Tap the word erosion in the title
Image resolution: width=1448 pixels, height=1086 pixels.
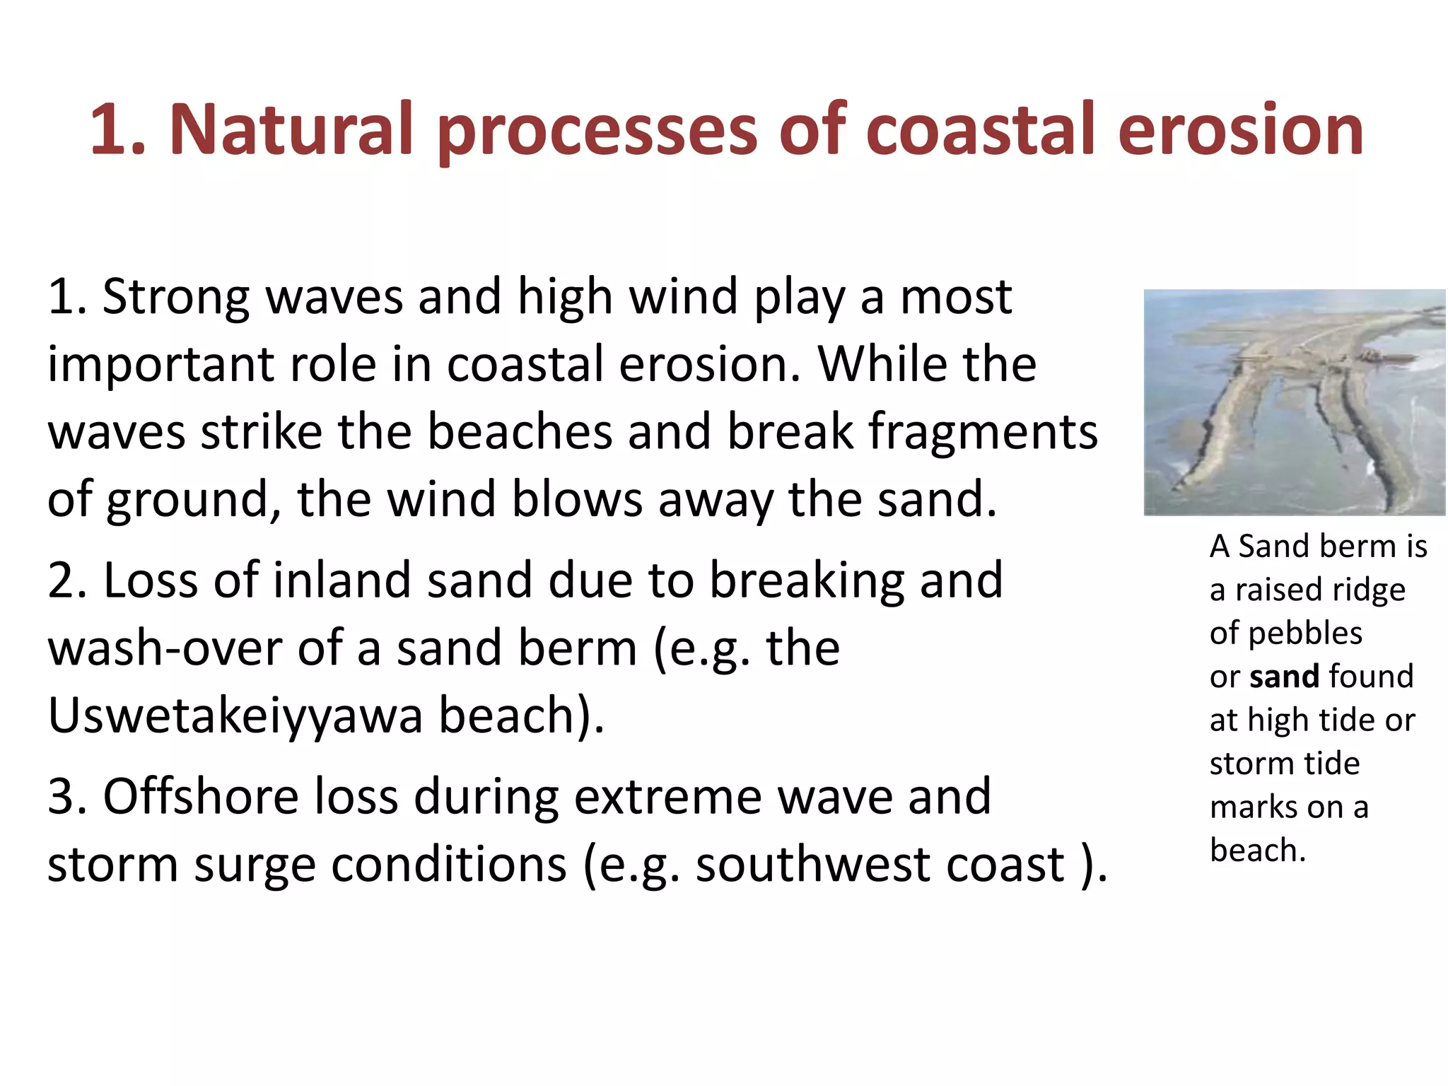tap(1240, 130)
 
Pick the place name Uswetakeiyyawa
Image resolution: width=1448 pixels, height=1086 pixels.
tap(234, 716)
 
